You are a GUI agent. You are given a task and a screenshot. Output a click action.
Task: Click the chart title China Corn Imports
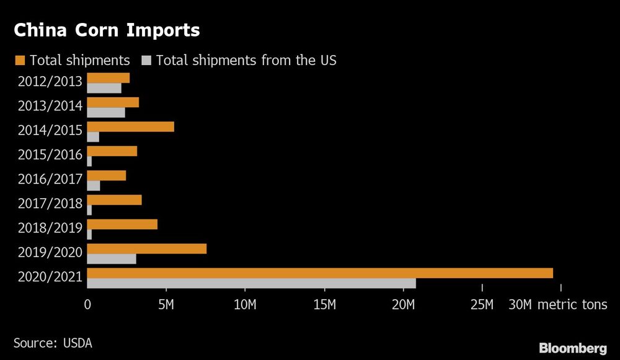[107, 30]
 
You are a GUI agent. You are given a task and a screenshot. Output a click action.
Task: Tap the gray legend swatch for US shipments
[146, 60]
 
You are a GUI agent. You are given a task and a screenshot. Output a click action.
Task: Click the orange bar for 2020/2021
[320, 273]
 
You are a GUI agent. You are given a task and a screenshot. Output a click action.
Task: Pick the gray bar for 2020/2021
[251, 283]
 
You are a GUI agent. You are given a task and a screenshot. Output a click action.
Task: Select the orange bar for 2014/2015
[131, 127]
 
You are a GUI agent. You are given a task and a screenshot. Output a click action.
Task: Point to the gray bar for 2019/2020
[112, 259]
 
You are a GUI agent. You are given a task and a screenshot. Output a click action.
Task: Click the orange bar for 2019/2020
[147, 249]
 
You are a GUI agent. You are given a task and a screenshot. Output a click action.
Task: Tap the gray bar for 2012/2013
[104, 88]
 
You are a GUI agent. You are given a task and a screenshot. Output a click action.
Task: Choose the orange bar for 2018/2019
[122, 224]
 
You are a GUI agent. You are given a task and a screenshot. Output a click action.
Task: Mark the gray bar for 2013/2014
[106, 113]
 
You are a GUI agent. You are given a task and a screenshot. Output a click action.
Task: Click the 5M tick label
[166, 305]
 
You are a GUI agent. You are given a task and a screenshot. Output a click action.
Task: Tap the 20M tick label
[404, 305]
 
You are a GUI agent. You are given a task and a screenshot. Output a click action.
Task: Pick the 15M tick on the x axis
[324, 305]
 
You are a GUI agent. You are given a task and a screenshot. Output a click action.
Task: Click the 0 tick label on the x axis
[87, 305]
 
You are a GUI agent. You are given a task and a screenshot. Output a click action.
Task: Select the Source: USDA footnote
[52, 342]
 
